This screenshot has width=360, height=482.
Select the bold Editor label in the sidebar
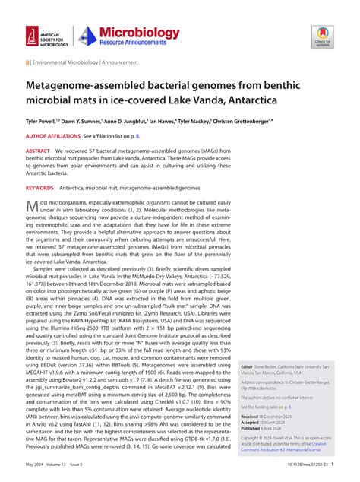(x=245, y=366)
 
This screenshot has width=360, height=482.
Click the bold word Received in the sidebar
(x=249, y=417)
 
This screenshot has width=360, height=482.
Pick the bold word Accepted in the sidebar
(x=249, y=423)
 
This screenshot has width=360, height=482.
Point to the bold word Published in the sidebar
(x=250, y=430)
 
